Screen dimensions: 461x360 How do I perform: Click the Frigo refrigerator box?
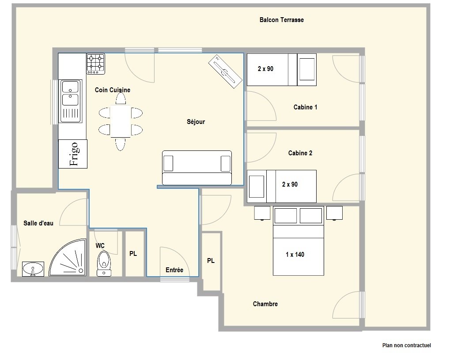[72, 154]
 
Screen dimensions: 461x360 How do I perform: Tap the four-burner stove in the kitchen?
[95, 64]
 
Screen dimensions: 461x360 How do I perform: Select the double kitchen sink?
[71, 101]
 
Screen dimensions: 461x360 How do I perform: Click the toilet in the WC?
[104, 264]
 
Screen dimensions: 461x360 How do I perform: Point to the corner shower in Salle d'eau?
[68, 258]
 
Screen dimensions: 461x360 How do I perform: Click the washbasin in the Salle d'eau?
[33, 269]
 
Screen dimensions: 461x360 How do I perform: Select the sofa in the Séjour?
[197, 168]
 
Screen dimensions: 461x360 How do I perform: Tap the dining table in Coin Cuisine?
[121, 121]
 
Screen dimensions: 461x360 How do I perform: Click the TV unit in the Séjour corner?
[225, 71]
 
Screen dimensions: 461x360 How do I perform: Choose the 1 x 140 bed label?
[295, 255]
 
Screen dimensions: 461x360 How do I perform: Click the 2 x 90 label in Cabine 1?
[265, 69]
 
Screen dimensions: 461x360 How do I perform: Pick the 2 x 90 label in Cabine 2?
[290, 184]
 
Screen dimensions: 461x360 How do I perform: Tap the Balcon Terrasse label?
[282, 20]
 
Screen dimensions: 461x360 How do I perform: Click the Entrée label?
[174, 270]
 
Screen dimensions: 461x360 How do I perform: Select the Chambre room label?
[265, 304]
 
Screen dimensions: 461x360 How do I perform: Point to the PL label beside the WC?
[133, 254]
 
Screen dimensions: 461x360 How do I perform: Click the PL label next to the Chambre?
[211, 261]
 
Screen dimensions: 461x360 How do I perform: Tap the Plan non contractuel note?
[407, 345]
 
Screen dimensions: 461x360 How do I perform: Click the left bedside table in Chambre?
[262, 213]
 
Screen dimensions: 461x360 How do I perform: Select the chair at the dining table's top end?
[121, 98]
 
